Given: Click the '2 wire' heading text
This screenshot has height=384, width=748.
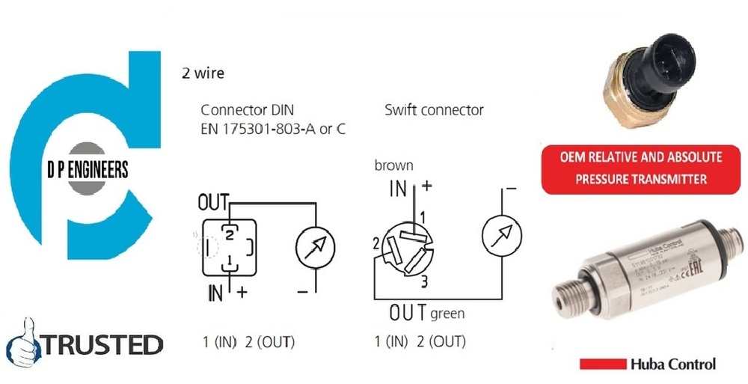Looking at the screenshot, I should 203,73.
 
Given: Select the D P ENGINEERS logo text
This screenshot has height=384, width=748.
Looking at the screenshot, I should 87,170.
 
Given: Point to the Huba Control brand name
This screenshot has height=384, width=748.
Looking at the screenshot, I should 672,365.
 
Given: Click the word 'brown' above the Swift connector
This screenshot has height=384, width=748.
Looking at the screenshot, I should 393,165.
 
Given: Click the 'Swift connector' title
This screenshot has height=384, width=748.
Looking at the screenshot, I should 434,110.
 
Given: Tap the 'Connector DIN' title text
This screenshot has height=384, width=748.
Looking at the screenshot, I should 244,110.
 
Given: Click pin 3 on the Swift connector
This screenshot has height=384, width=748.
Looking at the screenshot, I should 423,281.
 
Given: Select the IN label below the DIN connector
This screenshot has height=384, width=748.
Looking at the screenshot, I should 215,293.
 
